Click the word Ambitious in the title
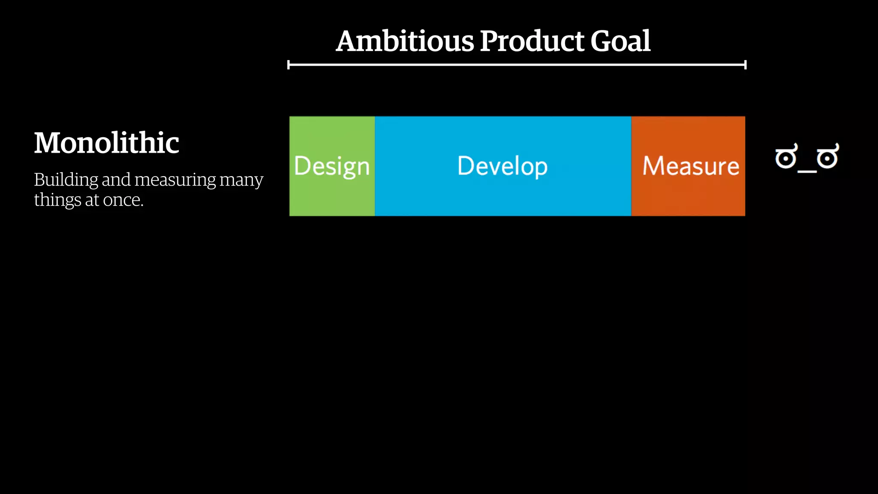coord(405,42)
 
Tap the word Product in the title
coord(532,42)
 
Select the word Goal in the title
coord(620,42)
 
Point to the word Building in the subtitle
coord(66,180)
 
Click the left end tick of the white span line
coord(289,65)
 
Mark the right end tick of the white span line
coord(746,65)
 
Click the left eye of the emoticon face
coord(786,157)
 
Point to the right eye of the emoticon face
coord(827,157)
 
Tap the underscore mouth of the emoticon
coord(807,171)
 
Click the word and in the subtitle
coord(116,180)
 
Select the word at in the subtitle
coord(92,200)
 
